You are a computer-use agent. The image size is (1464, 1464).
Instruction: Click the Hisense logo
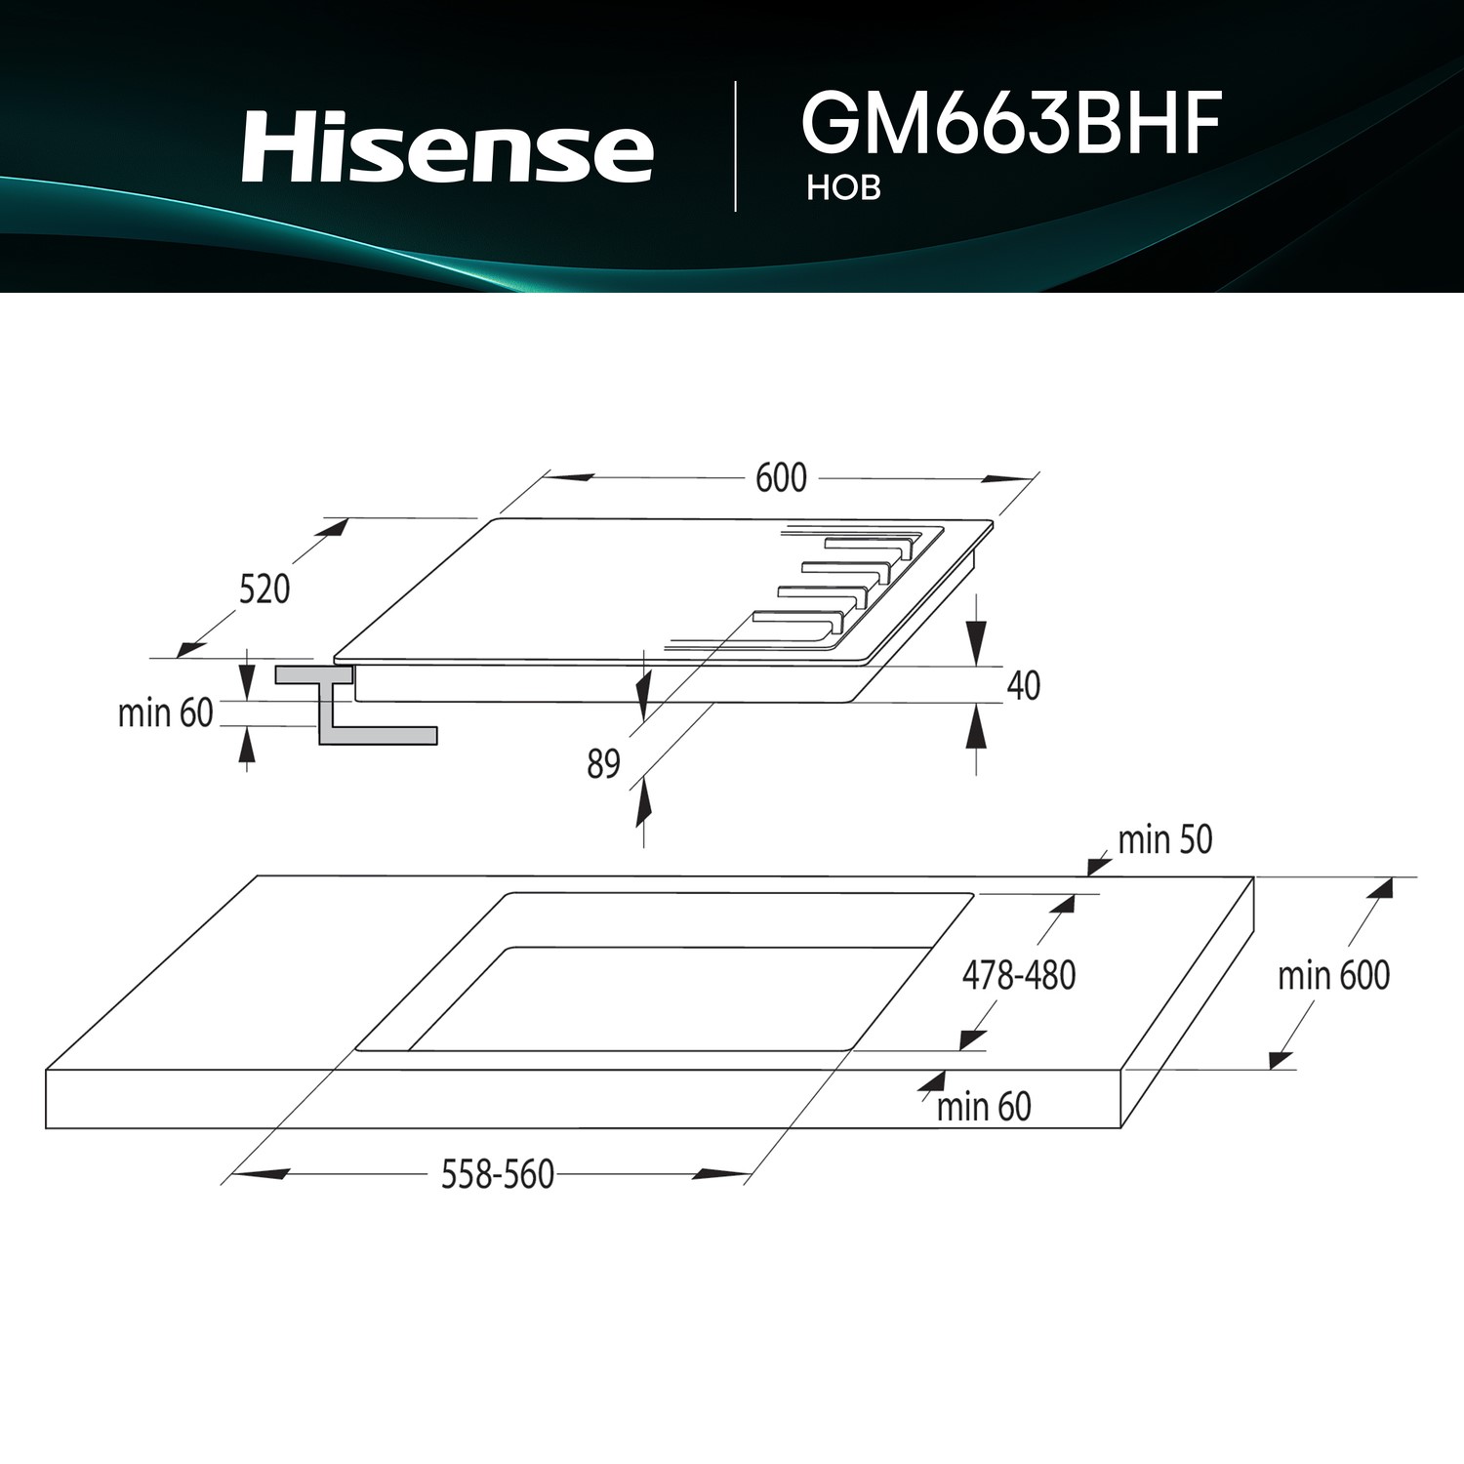pos(447,146)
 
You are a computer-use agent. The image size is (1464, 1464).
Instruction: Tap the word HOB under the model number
pos(844,188)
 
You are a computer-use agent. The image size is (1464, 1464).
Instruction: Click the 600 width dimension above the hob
pos(782,477)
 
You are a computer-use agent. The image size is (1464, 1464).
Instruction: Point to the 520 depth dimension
pos(264,590)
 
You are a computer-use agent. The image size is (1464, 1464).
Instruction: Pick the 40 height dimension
pos(1023,686)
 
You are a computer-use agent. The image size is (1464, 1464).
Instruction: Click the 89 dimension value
pos(604,764)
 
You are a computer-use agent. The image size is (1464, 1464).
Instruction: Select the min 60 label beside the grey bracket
pos(165,713)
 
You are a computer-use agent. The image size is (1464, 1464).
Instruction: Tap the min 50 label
pos(1165,839)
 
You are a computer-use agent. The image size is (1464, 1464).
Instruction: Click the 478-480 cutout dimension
pos(1019,975)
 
